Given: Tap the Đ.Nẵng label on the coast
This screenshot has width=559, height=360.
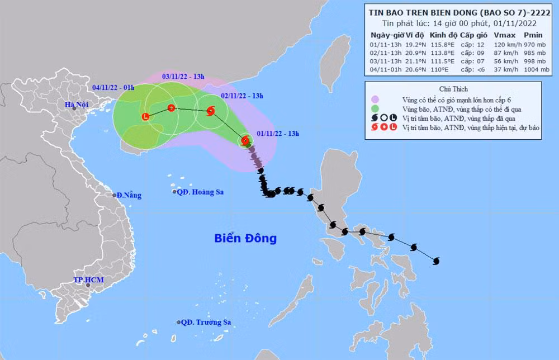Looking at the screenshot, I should [129, 196].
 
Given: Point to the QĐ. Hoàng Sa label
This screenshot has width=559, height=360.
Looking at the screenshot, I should [200, 192].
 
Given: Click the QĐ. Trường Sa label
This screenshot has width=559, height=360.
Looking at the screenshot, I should [206, 323].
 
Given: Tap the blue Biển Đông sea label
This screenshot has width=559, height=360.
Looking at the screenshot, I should [245, 239].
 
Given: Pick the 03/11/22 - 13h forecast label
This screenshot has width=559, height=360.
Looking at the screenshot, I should [182, 75].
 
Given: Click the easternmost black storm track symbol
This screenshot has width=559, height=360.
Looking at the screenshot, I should [436, 260].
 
